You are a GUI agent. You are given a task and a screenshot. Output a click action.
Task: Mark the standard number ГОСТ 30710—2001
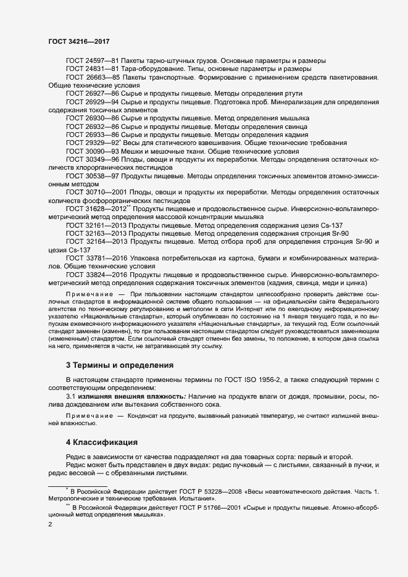coord(96,192)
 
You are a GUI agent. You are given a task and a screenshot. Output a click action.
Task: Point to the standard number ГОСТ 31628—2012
coord(96,209)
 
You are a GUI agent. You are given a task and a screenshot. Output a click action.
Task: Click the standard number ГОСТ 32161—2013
coord(96,225)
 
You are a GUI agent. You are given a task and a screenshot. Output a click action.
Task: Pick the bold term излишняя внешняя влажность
coord(129,395)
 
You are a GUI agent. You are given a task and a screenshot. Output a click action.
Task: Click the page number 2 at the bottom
coord(50,525)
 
